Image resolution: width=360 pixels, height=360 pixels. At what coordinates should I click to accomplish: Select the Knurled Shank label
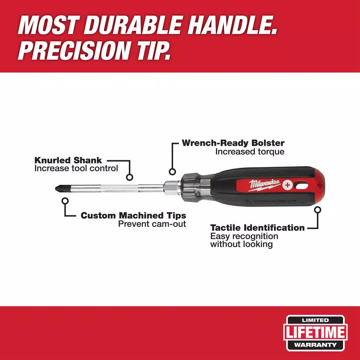(68, 160)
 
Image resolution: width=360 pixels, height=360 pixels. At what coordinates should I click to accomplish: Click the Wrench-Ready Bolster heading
(233, 143)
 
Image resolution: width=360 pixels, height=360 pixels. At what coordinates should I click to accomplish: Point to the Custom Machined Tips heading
(133, 215)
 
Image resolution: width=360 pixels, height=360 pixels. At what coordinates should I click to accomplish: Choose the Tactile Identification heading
(257, 228)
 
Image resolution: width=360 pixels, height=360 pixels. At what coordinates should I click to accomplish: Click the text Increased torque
(249, 152)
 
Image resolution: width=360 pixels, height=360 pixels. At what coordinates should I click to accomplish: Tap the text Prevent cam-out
(152, 224)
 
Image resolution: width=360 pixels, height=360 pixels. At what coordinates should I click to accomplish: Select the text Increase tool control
(76, 168)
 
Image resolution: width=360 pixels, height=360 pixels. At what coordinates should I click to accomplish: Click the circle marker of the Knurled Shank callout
(130, 177)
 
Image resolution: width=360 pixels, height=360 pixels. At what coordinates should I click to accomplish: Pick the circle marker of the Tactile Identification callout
(318, 210)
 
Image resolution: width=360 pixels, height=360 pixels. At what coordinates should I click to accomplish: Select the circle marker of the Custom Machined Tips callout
(65, 202)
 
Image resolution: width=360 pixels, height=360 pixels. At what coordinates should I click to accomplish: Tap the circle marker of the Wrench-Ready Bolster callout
(172, 172)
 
